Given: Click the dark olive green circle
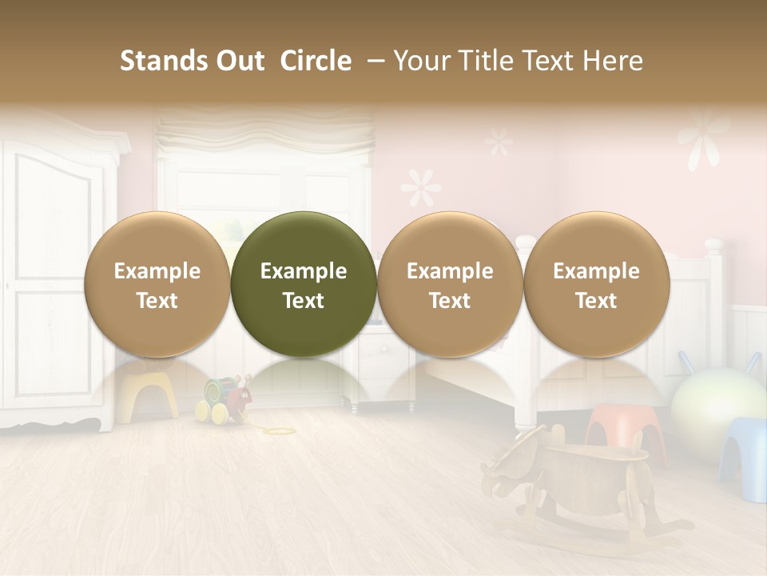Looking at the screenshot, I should [x=304, y=284].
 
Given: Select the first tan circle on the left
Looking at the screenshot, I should [x=157, y=284].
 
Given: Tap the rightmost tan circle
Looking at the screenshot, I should [x=596, y=284].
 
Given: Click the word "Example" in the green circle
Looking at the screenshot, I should [x=304, y=271].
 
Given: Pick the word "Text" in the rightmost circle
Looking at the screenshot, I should [x=596, y=301].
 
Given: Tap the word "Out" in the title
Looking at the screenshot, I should [x=240, y=61].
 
